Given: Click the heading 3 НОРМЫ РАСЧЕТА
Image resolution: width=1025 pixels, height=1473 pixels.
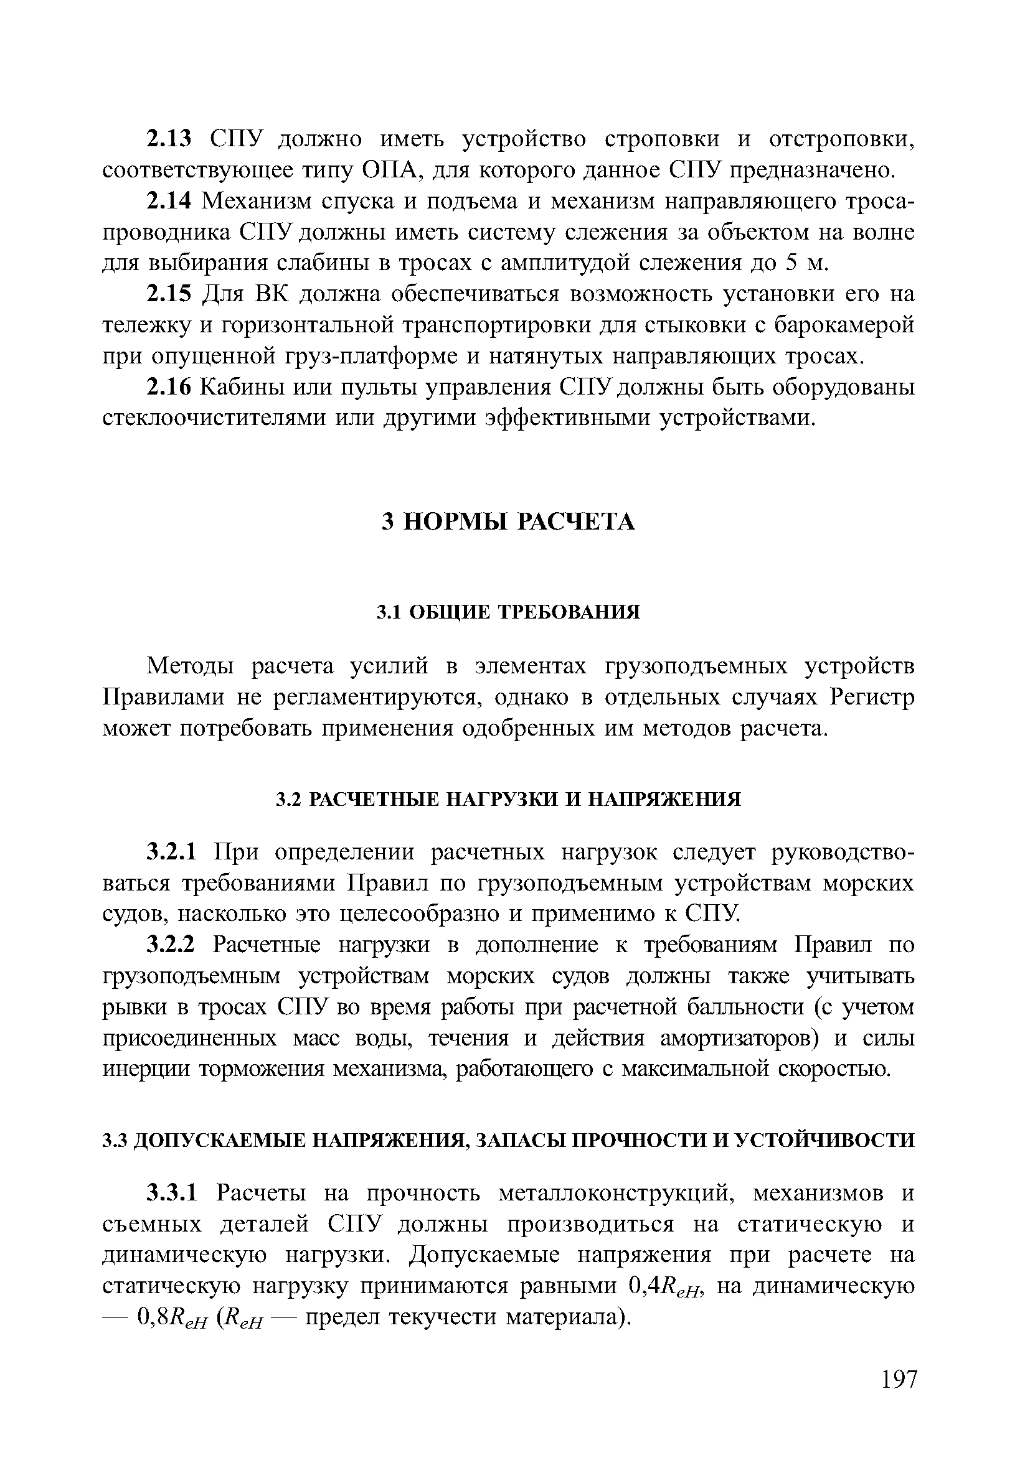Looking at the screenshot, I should (x=508, y=521).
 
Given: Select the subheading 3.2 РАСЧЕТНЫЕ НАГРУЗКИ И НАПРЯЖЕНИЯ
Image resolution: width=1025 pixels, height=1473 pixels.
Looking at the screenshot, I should (x=508, y=800).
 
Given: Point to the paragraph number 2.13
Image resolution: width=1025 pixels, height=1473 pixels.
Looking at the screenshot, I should (x=169, y=139).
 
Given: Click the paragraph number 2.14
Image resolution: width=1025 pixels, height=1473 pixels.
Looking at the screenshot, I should (x=169, y=201).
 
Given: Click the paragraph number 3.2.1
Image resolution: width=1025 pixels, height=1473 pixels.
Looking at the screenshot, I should (x=174, y=853).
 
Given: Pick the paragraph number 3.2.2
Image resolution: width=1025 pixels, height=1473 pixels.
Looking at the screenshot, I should (x=174, y=946).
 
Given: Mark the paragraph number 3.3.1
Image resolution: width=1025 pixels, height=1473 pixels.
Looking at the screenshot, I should (x=174, y=1194).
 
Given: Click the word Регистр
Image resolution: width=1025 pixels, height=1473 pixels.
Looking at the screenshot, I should (x=872, y=698).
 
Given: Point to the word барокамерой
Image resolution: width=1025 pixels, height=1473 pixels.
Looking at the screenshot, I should (x=843, y=326).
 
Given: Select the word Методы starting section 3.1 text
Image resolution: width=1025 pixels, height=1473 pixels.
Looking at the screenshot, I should (x=192, y=666).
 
